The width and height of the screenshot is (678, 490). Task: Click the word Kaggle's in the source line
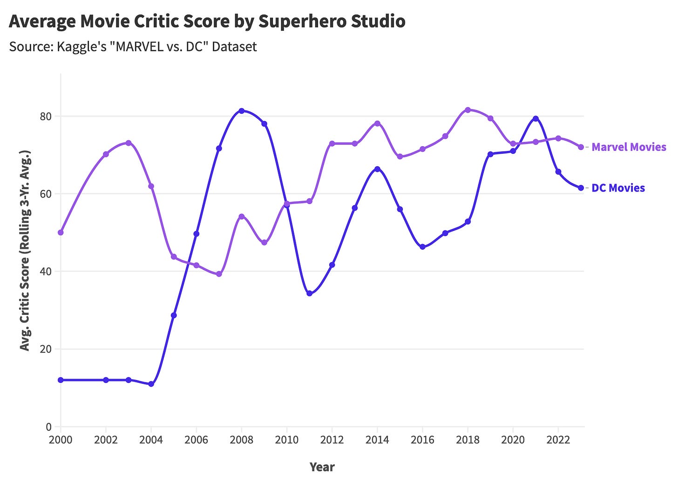click(x=87, y=47)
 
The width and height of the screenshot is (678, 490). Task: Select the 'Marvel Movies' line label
click(x=629, y=147)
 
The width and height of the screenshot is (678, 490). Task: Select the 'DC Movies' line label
click(x=618, y=188)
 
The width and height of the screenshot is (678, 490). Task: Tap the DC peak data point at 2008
click(x=241, y=111)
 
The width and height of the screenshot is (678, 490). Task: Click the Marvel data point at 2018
click(x=468, y=110)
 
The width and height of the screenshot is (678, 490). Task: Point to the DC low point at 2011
click(x=309, y=293)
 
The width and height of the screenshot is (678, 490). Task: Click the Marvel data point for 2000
click(x=61, y=232)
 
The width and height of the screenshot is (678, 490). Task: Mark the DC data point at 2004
click(x=151, y=384)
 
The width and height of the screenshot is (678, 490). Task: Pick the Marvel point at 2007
click(x=219, y=274)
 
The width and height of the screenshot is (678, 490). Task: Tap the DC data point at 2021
click(x=536, y=118)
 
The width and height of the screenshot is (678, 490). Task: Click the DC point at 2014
click(x=377, y=169)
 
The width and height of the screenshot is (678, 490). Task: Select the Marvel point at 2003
click(x=129, y=143)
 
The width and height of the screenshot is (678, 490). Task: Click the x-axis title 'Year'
click(x=322, y=467)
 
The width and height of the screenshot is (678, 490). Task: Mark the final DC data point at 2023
click(x=581, y=188)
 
